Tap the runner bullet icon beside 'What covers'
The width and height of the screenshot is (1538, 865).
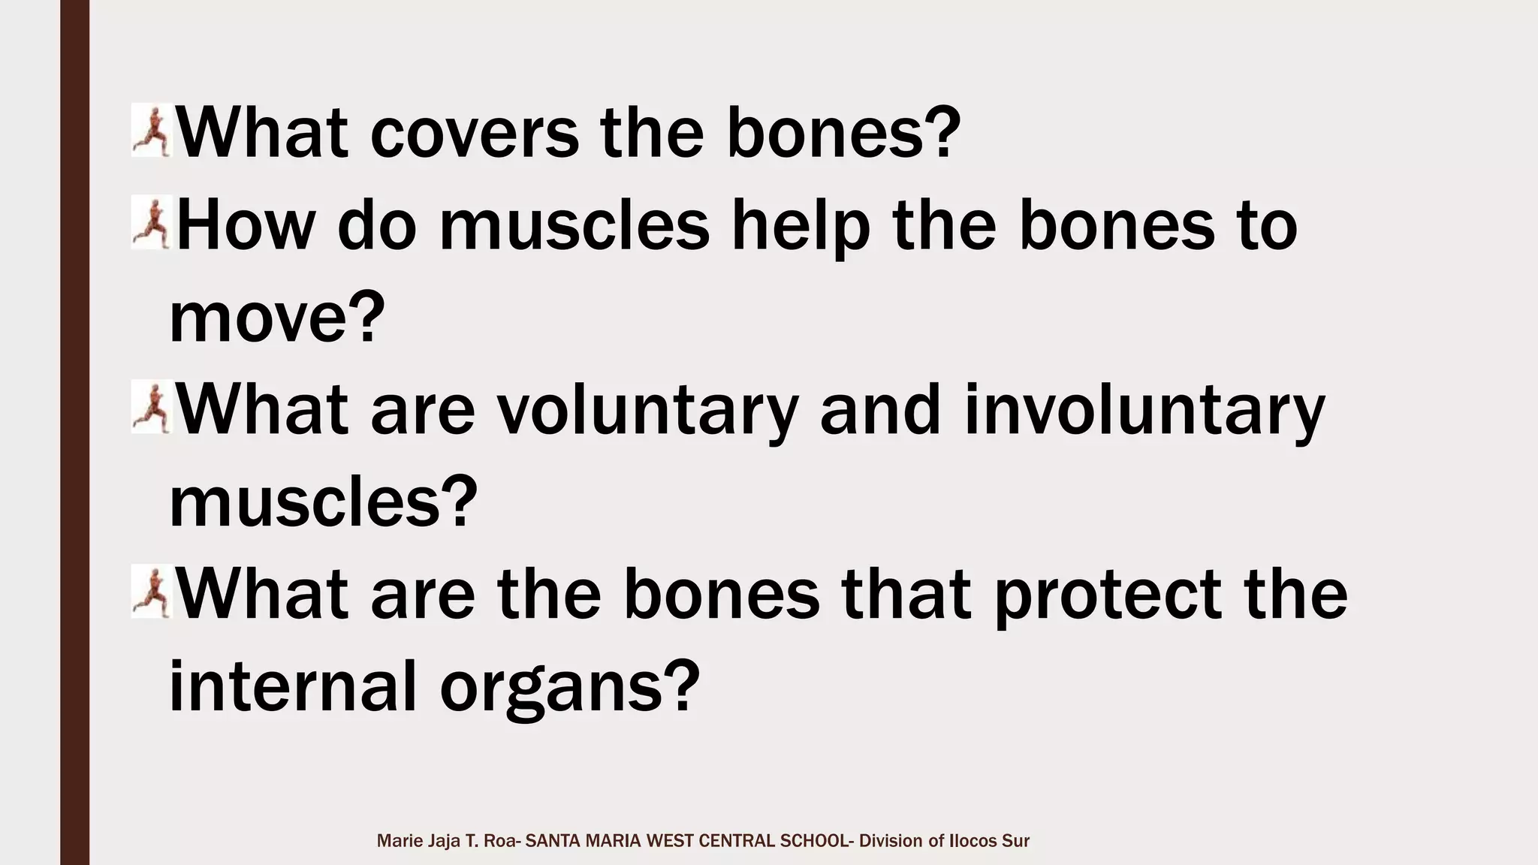(x=152, y=131)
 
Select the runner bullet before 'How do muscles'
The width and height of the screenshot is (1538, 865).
(x=152, y=223)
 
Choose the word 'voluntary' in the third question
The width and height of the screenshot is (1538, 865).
(x=647, y=411)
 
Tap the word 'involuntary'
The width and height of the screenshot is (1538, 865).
(x=1144, y=411)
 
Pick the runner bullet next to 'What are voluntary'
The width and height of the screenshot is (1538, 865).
(x=152, y=408)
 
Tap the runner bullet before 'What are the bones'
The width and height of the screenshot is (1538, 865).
(x=152, y=593)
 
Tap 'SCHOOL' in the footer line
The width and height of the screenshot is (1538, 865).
(x=814, y=841)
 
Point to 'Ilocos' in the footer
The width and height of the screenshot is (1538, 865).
(x=973, y=841)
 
